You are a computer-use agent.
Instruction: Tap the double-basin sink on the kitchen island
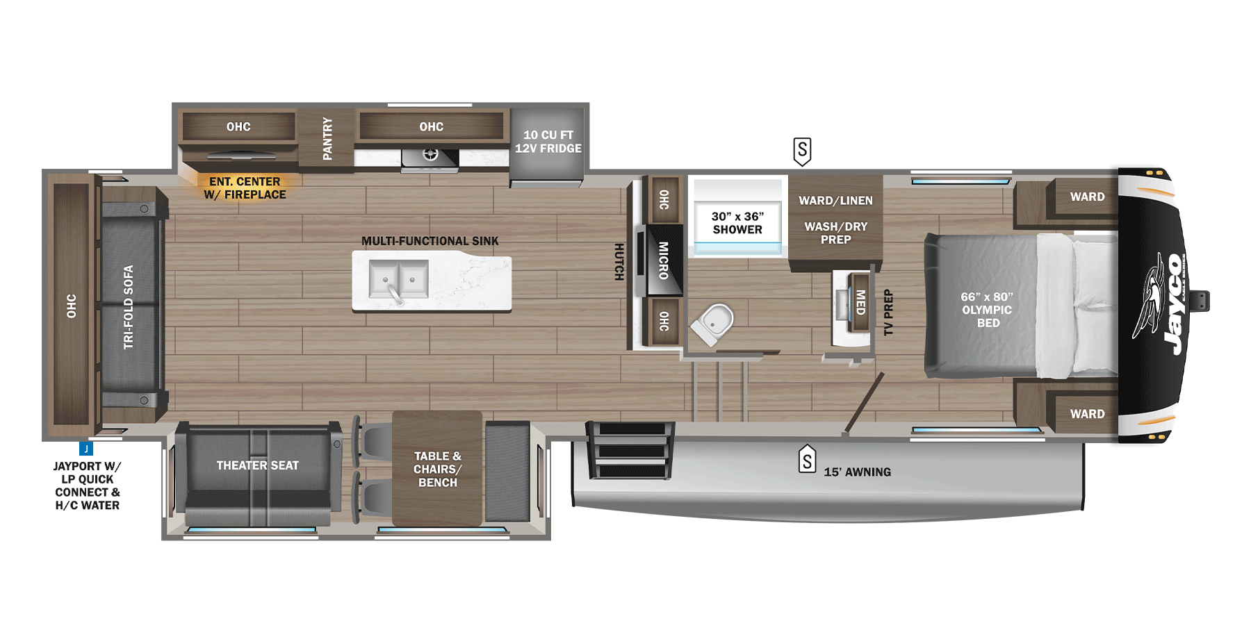399,280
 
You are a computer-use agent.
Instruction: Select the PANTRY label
327,139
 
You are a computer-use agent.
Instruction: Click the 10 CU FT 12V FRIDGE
548,142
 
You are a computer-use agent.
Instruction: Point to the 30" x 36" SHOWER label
737,223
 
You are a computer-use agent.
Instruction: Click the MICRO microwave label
663,260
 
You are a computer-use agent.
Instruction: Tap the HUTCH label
619,262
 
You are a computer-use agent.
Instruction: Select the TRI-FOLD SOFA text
128,306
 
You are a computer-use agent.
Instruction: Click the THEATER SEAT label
257,465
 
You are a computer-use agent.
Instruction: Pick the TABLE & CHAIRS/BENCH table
437,469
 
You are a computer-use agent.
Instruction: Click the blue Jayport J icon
86,449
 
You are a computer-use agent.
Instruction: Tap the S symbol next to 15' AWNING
807,460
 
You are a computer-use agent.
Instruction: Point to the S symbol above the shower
802,151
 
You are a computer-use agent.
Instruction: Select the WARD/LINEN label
835,201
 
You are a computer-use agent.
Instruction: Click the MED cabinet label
860,302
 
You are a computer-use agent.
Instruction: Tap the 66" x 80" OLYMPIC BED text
987,310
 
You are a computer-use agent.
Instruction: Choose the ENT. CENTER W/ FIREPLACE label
245,188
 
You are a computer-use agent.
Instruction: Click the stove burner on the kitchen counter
430,155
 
